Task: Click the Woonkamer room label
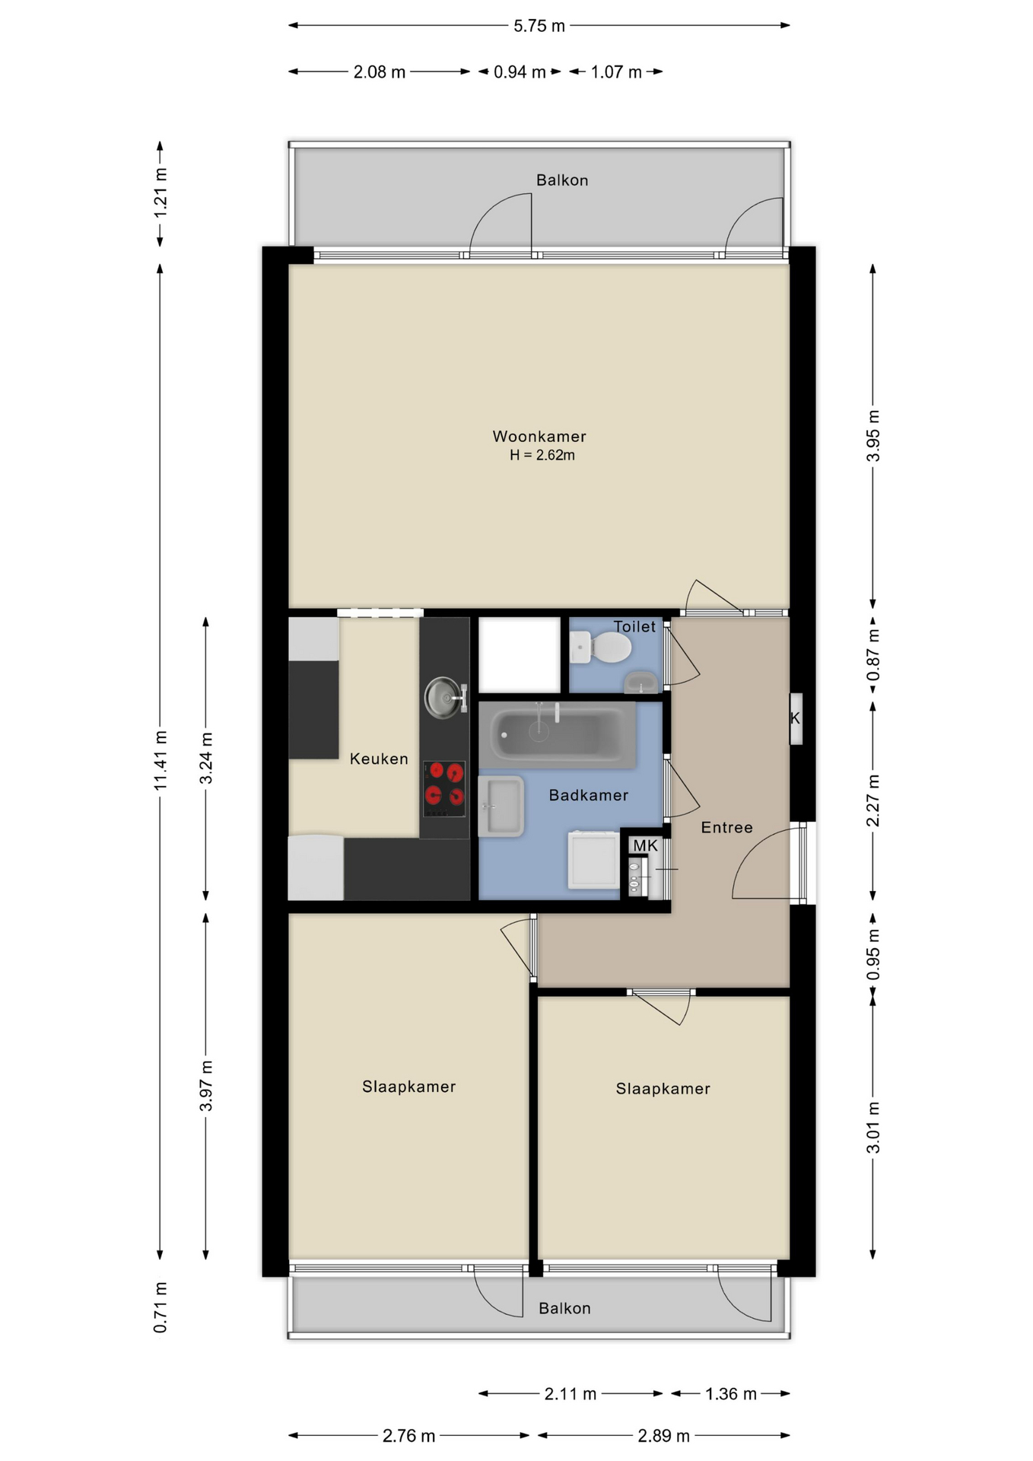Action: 539,436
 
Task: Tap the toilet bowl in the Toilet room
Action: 609,648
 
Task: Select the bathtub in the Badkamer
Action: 558,734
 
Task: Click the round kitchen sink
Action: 443,697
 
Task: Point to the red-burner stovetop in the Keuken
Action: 444,784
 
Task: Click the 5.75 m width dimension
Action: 539,26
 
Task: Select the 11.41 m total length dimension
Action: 161,759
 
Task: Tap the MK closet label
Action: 645,845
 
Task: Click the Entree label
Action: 726,827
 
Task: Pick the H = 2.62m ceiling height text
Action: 542,455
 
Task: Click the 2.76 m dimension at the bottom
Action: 408,1435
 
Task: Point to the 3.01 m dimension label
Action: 873,1127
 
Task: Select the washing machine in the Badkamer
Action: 594,860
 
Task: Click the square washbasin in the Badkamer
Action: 501,806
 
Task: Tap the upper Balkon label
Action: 562,180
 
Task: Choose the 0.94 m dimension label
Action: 520,72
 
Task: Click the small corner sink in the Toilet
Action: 641,682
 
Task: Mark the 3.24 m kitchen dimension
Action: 206,758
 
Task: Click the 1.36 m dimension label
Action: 730,1393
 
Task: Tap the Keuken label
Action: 379,759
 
